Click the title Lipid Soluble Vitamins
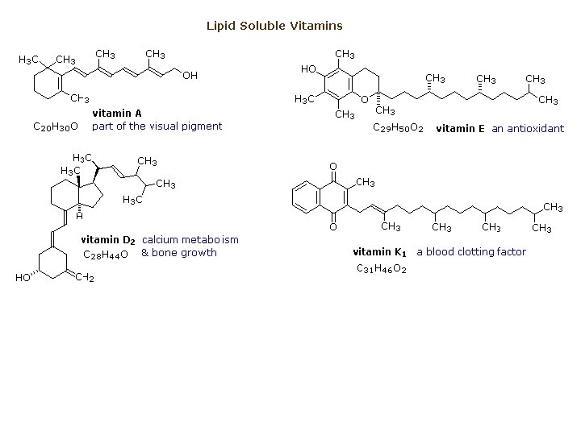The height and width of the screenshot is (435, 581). (274, 26)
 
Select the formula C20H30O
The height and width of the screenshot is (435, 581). (54, 126)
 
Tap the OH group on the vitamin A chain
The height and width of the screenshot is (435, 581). (190, 76)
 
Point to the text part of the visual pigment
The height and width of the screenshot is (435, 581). (157, 126)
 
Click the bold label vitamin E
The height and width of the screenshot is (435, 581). (460, 128)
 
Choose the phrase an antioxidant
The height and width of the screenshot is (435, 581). (528, 128)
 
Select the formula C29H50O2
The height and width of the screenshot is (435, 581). (398, 128)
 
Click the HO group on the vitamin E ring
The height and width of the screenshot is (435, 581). (308, 69)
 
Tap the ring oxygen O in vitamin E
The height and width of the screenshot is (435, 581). (365, 100)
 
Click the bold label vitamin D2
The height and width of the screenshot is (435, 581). (108, 240)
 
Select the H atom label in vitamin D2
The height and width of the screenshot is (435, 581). (79, 216)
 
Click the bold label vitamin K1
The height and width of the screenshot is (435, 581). (379, 252)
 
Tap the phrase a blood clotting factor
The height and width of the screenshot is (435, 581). (470, 252)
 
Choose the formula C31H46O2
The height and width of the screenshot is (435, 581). (382, 268)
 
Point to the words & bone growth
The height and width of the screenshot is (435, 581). (178, 253)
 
